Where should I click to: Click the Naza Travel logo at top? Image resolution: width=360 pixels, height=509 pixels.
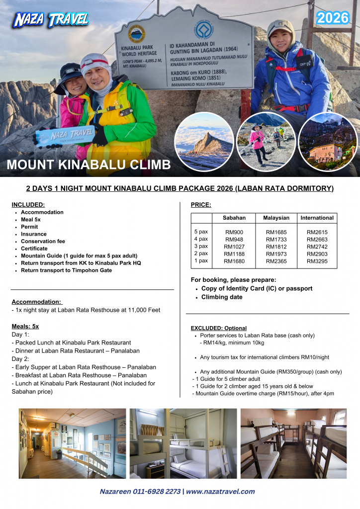(51, 19)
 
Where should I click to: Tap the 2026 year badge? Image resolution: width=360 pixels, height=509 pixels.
(333, 18)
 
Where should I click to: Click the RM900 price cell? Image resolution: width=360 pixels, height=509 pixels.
(234, 232)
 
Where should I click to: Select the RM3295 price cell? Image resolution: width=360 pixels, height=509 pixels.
(317, 261)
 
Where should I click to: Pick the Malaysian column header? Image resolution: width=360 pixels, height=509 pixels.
(276, 218)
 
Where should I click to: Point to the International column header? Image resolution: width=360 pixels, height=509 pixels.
(317, 218)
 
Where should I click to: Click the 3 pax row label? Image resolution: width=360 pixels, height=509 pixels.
(201, 247)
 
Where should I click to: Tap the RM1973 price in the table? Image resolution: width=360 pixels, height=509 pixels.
(276, 254)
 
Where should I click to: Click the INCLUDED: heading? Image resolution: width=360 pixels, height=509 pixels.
(28, 204)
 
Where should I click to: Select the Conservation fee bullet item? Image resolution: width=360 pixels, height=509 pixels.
(43, 241)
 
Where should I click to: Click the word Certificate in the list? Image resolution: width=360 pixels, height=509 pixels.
(34, 249)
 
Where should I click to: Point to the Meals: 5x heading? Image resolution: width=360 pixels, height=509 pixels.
(25, 326)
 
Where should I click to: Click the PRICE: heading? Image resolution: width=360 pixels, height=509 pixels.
(201, 204)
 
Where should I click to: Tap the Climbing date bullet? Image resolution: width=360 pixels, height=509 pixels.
(222, 297)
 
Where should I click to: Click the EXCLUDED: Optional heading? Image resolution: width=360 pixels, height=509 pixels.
(218, 328)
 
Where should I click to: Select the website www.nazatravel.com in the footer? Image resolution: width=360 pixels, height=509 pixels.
(220, 491)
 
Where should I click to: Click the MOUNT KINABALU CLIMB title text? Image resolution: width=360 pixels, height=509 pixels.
(89, 165)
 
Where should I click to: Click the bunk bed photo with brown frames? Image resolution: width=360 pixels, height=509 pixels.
(293, 443)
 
